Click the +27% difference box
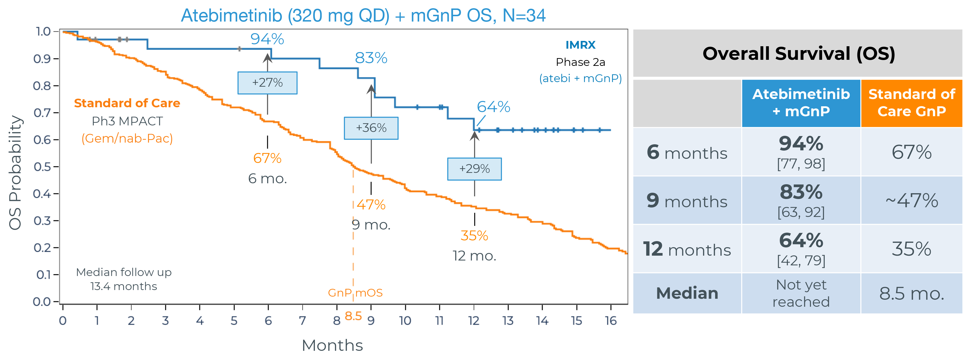[267, 83]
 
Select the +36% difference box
[371, 128]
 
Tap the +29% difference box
[474, 169]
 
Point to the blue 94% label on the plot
[267, 39]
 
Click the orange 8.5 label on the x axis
[353, 316]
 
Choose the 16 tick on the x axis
[611, 321]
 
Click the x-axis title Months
[332, 345]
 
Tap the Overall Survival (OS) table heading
[799, 53]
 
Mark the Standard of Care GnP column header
[912, 103]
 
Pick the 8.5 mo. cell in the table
[912, 293]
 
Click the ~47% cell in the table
[912, 200]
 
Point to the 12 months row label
[687, 249]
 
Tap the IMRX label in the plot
[580, 45]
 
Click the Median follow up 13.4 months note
[124, 279]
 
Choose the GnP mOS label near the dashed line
[355, 293]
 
